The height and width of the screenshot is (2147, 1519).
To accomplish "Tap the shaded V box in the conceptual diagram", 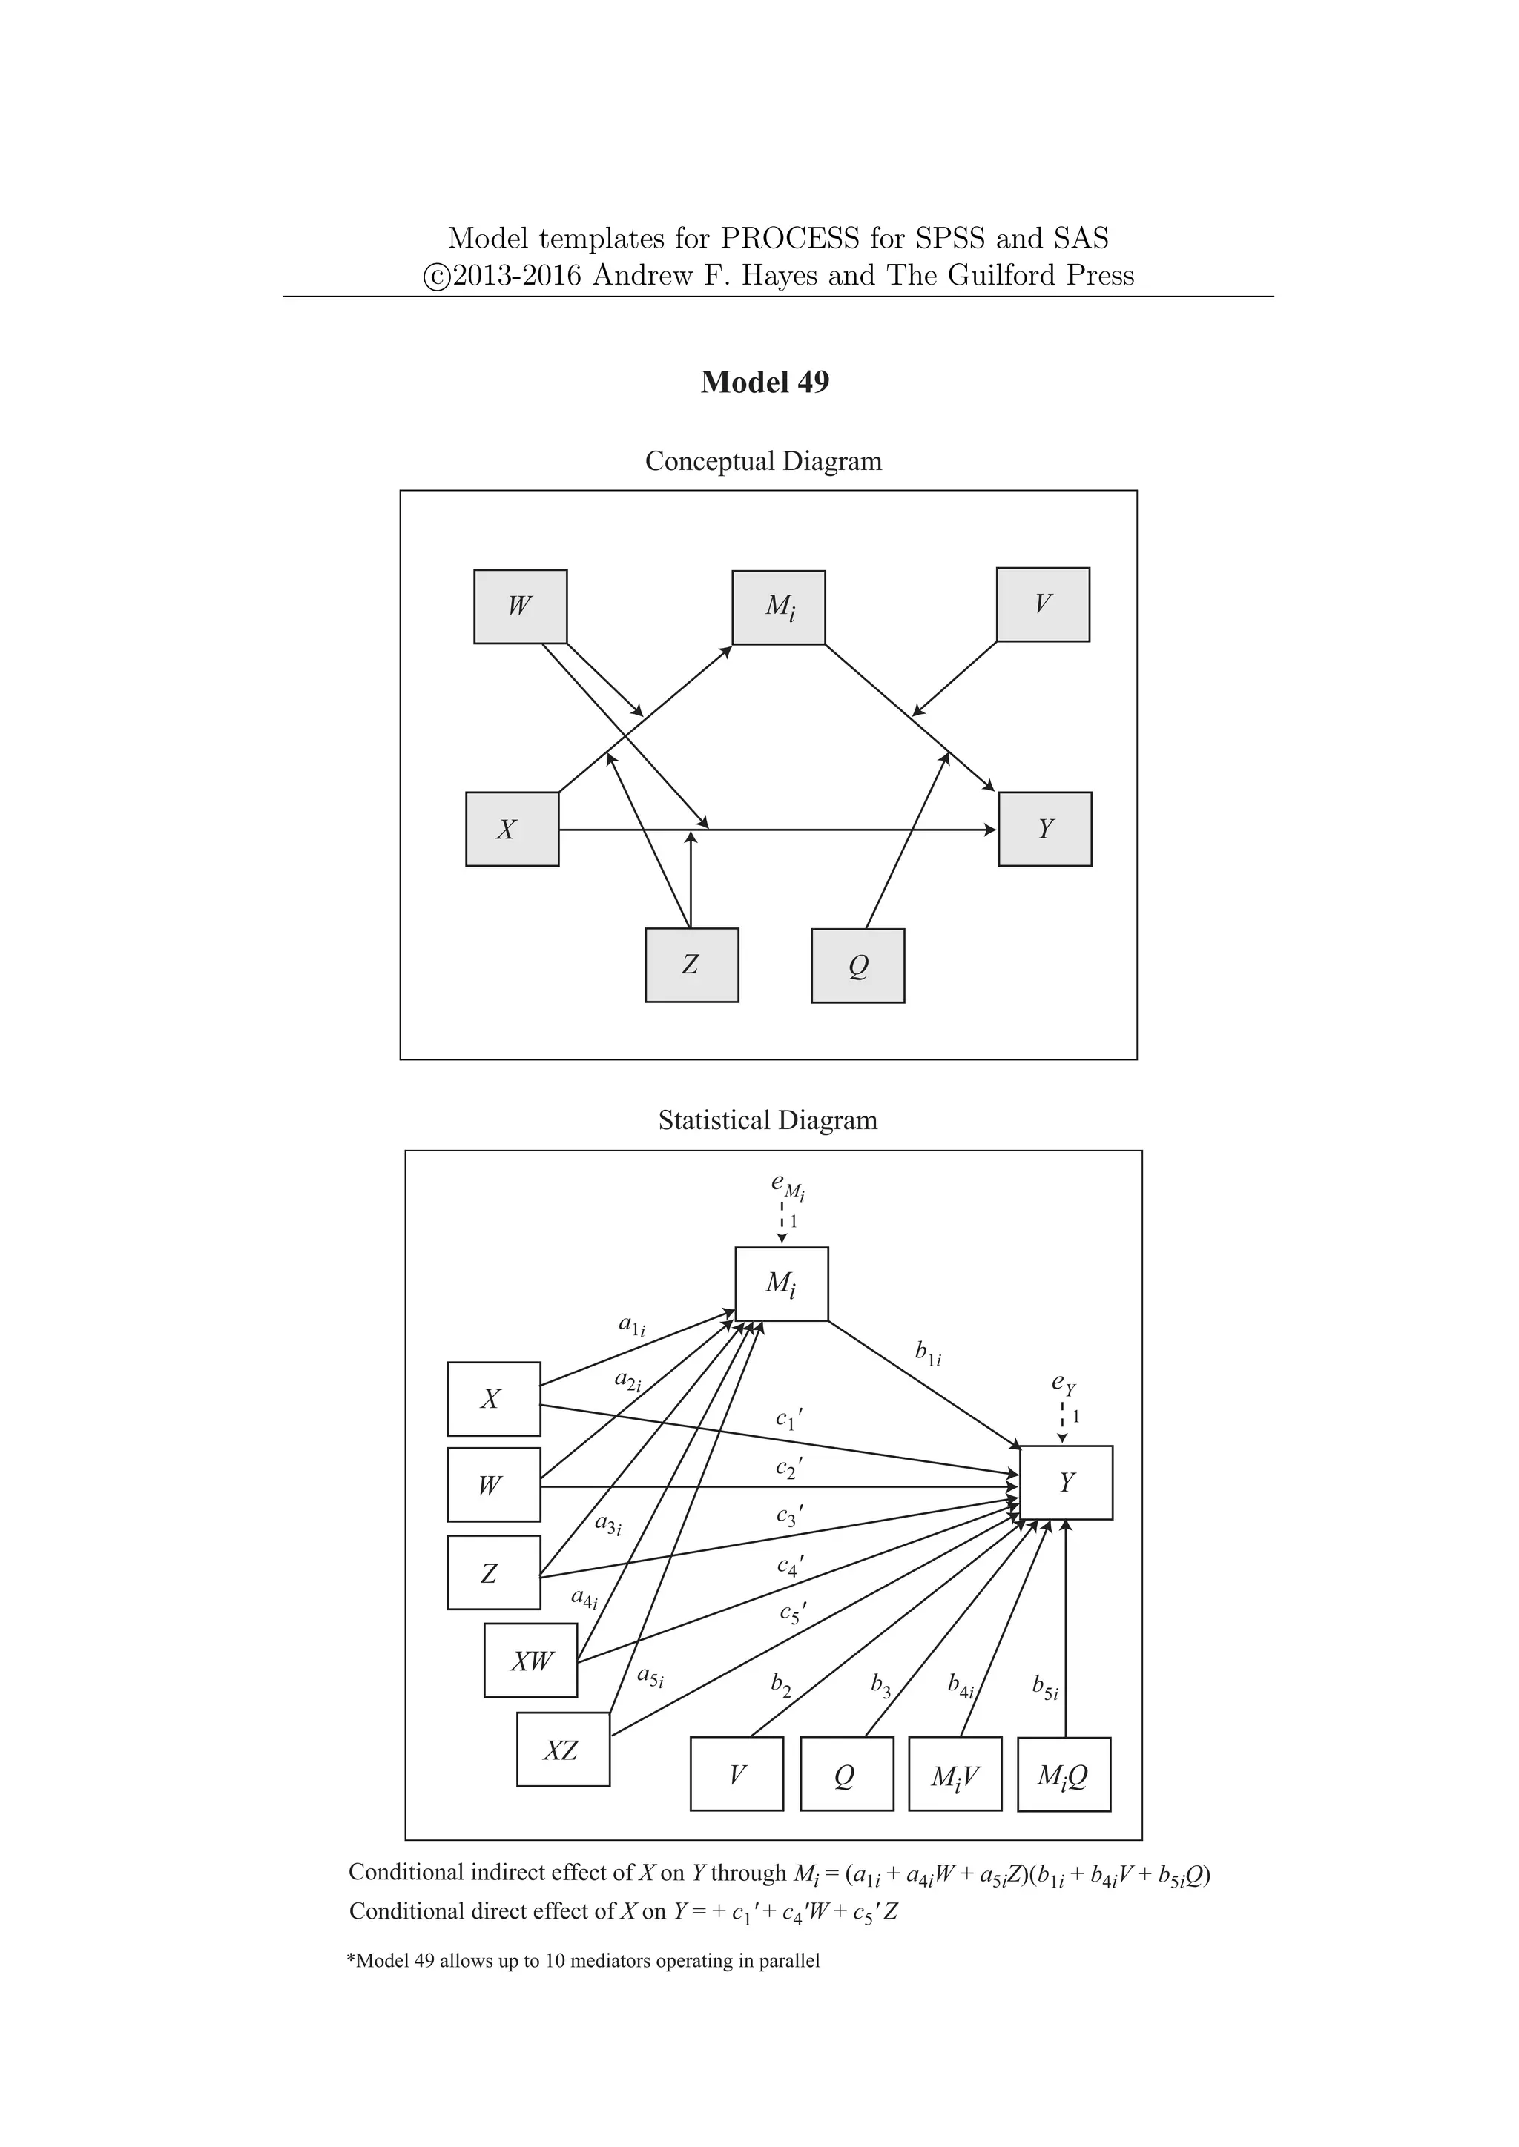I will tap(1043, 604).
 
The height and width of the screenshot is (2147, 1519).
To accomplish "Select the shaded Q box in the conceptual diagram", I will tap(857, 966).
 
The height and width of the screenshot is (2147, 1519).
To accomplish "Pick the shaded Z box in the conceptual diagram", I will tap(691, 965).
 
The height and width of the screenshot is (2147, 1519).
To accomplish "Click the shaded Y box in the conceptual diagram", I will tap(1045, 830).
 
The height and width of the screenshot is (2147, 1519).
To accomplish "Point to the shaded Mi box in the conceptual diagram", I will tap(778, 608).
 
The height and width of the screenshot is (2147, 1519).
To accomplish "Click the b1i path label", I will tap(927, 1353).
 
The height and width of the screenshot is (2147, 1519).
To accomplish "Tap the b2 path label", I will tap(780, 1685).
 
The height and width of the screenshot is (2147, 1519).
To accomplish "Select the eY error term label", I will tap(1064, 1382).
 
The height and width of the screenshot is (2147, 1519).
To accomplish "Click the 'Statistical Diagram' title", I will tap(767, 1120).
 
